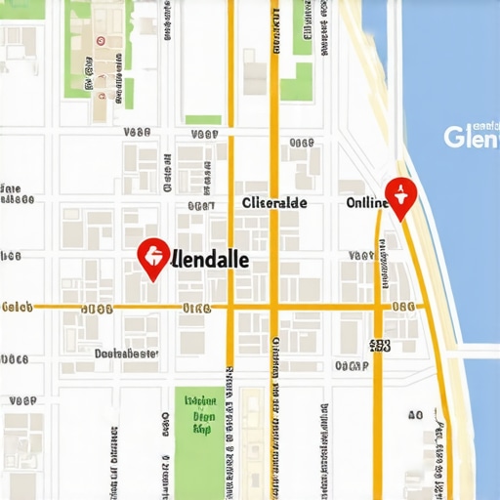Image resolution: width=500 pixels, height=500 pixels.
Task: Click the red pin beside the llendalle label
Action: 151,258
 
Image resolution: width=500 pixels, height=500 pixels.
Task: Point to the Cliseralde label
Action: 273,202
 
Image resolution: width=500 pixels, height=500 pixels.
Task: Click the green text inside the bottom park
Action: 201,414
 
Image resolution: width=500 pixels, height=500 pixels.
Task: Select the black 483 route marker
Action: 381,344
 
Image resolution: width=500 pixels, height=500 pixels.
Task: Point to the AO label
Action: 415,415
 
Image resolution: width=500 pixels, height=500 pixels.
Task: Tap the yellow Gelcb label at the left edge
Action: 18,307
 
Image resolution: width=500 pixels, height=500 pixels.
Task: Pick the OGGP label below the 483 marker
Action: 352,366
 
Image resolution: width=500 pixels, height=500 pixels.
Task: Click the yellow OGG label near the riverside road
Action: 403,307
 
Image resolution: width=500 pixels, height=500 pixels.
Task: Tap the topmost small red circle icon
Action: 100,41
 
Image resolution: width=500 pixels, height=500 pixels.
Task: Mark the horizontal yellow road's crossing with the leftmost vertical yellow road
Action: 230,307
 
